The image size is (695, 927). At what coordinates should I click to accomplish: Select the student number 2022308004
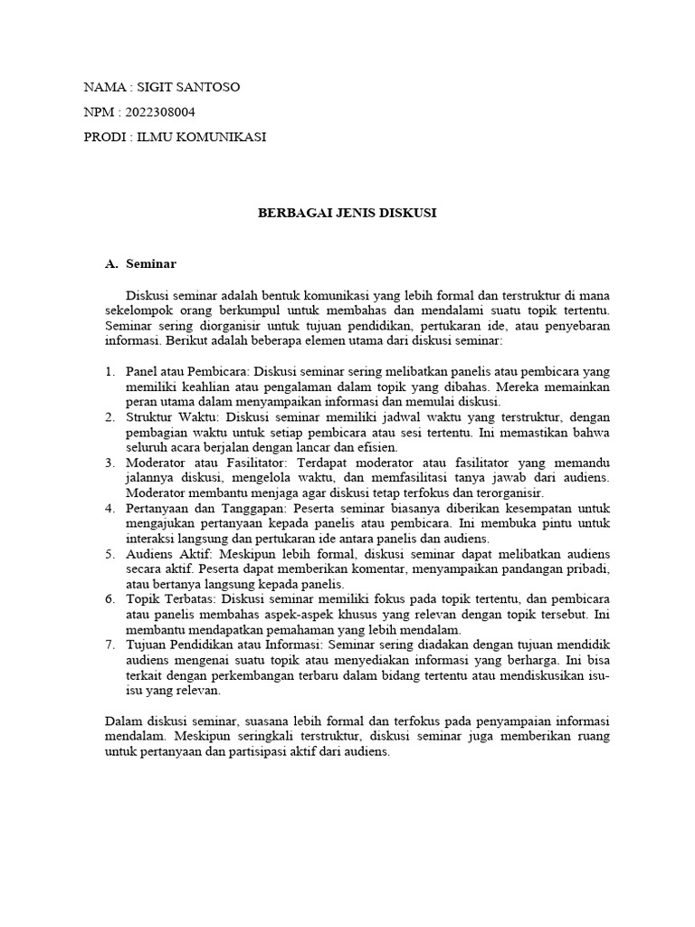pyautogui.click(x=157, y=112)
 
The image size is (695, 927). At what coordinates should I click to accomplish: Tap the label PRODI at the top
pyautogui.click(x=103, y=137)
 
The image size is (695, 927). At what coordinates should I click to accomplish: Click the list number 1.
pyautogui.click(x=109, y=372)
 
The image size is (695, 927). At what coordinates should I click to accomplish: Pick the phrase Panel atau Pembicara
pyautogui.click(x=186, y=372)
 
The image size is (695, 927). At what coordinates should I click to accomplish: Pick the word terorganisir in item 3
pyautogui.click(x=507, y=493)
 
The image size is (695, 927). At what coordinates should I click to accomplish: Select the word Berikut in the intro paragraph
pyautogui.click(x=191, y=342)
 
